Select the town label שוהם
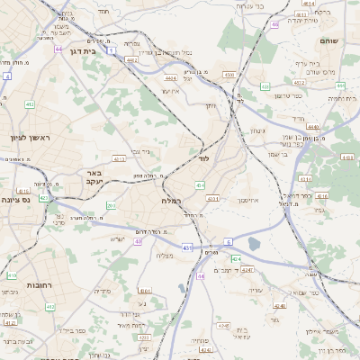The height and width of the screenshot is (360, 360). (x=328, y=40)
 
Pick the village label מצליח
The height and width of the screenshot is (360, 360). (x=165, y=256)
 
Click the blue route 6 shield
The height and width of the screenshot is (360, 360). (x=229, y=242)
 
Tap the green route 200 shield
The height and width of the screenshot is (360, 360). (x=110, y=205)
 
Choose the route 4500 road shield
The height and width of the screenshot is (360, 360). (x=229, y=75)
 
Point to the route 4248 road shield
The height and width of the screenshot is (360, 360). (x=247, y=269)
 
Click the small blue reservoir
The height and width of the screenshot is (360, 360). (x=254, y=244)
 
